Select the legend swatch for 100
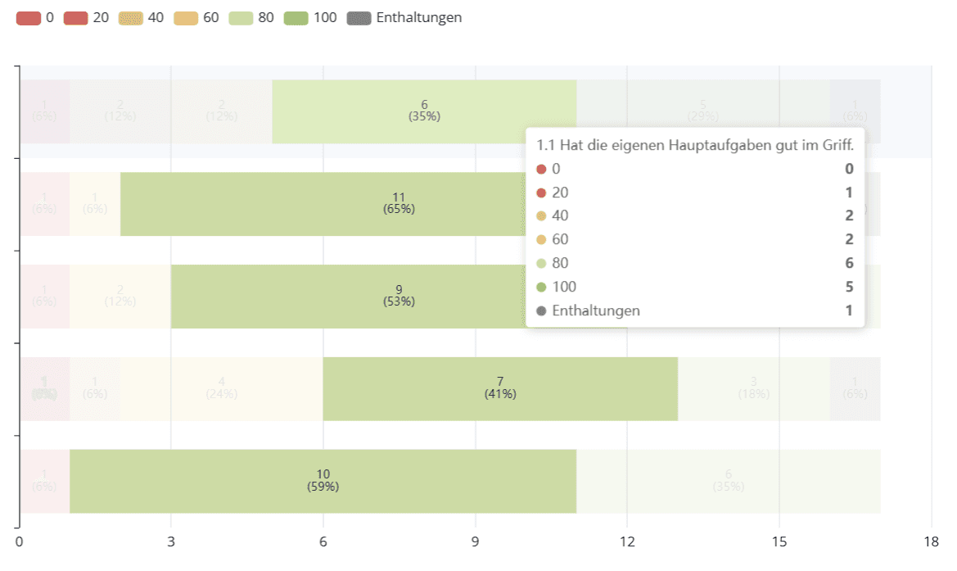tap(296, 17)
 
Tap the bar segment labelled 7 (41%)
tap(500, 388)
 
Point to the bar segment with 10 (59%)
tap(323, 481)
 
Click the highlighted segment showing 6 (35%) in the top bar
tap(424, 111)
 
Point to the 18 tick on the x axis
tap(931, 542)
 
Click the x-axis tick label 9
tap(476, 542)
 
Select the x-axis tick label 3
tap(171, 542)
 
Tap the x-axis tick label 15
tap(779, 542)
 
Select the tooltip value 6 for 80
tap(849, 263)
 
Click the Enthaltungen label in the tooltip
tap(596, 310)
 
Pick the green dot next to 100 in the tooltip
tap(541, 287)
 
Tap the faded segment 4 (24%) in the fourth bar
tap(221, 388)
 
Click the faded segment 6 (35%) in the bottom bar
tap(729, 481)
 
